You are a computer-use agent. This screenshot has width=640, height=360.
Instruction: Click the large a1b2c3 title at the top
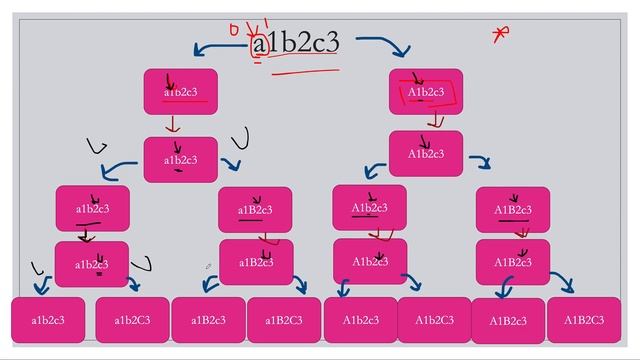(x=297, y=43)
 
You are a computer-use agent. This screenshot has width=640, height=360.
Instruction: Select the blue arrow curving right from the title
(x=385, y=46)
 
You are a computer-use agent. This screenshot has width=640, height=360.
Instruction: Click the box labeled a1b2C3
(x=132, y=320)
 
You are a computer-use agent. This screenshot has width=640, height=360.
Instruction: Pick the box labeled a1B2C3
(x=284, y=320)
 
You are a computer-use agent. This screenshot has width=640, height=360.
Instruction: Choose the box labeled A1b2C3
(x=435, y=320)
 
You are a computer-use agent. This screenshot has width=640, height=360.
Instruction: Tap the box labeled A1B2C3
(x=584, y=320)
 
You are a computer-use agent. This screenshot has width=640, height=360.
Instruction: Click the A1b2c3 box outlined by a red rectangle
(x=426, y=92)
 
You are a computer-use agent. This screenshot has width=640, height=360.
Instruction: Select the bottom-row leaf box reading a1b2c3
(x=48, y=320)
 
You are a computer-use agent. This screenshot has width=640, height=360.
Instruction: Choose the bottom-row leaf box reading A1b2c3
(x=361, y=320)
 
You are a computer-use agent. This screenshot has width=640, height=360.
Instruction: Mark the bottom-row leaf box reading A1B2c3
(x=508, y=321)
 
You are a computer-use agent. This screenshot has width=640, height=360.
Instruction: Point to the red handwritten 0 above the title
(x=234, y=29)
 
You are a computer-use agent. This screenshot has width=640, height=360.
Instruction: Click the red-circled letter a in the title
(x=260, y=44)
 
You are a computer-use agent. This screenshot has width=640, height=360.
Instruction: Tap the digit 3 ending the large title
(x=333, y=43)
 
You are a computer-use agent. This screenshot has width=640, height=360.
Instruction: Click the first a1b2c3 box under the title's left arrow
(x=181, y=92)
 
